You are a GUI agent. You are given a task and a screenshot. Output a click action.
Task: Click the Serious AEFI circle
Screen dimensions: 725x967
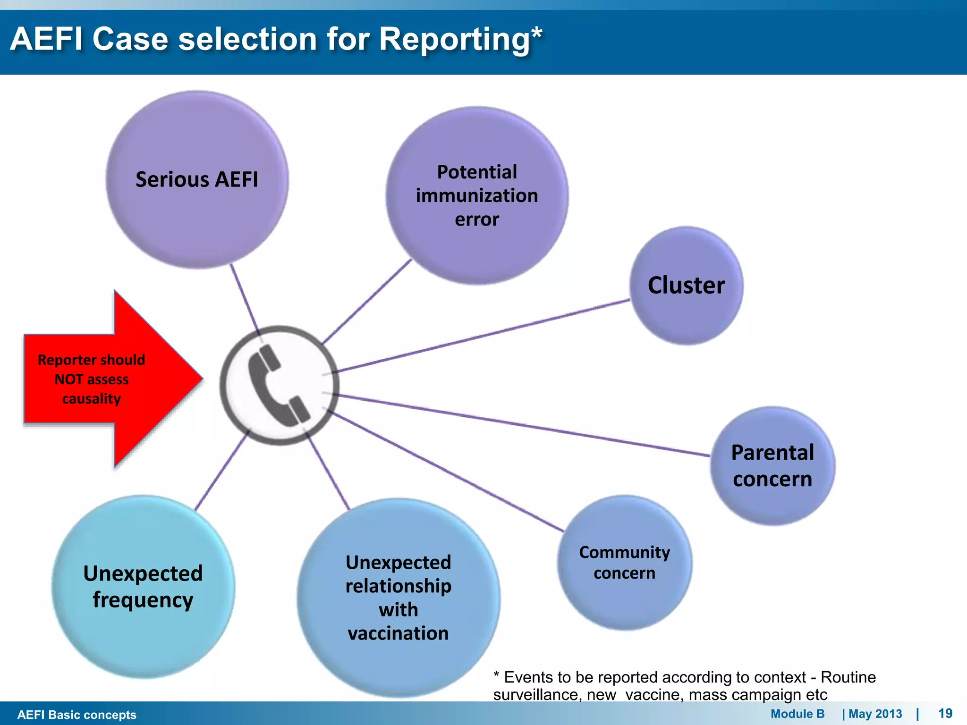click(197, 179)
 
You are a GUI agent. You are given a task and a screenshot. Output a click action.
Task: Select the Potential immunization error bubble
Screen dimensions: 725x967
click(477, 195)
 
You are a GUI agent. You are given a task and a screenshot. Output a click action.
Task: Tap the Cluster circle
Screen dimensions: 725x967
click(686, 285)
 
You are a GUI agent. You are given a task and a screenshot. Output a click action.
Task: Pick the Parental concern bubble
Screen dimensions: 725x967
click(772, 466)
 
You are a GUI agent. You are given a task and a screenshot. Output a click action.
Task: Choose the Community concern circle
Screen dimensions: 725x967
click(624, 563)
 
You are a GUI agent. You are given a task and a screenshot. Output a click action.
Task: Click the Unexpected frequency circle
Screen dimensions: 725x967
click(143, 587)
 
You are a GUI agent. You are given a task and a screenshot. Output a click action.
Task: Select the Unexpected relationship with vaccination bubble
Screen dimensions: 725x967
click(399, 598)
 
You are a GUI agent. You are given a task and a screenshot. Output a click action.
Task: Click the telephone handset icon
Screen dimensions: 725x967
click(279, 385)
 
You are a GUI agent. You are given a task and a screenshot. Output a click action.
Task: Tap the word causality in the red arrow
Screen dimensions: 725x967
click(92, 399)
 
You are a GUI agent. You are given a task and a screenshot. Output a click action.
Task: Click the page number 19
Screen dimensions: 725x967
click(945, 713)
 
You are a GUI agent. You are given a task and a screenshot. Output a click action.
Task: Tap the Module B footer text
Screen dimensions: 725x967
click(797, 714)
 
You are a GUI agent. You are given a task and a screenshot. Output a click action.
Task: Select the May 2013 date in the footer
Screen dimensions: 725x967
click(875, 714)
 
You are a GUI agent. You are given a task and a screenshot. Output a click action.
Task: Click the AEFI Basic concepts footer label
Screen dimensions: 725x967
click(76, 715)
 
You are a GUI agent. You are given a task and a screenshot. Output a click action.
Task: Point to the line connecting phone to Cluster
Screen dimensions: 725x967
click(482, 336)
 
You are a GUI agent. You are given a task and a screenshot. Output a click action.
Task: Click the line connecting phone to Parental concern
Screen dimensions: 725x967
click(519, 424)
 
